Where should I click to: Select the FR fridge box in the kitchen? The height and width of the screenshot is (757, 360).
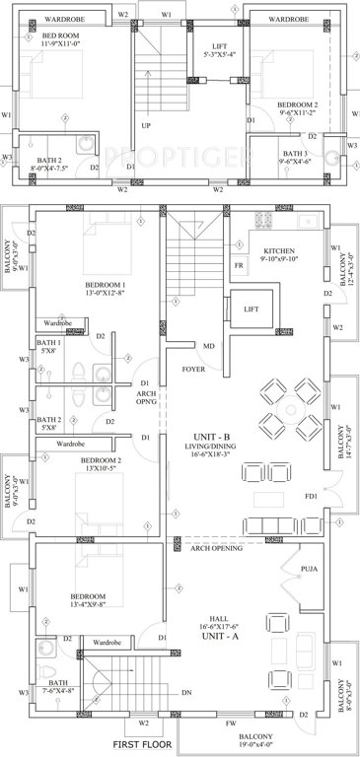pos(239,266)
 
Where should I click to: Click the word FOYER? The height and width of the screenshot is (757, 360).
pos(193,371)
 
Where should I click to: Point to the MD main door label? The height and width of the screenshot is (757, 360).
pos(209,346)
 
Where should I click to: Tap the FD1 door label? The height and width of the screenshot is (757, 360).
pos(312,496)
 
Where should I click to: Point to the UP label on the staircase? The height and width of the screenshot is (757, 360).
pos(146,126)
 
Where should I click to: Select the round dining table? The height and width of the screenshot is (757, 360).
pos(289,405)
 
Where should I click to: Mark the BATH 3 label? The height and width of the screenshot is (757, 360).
pos(295,154)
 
